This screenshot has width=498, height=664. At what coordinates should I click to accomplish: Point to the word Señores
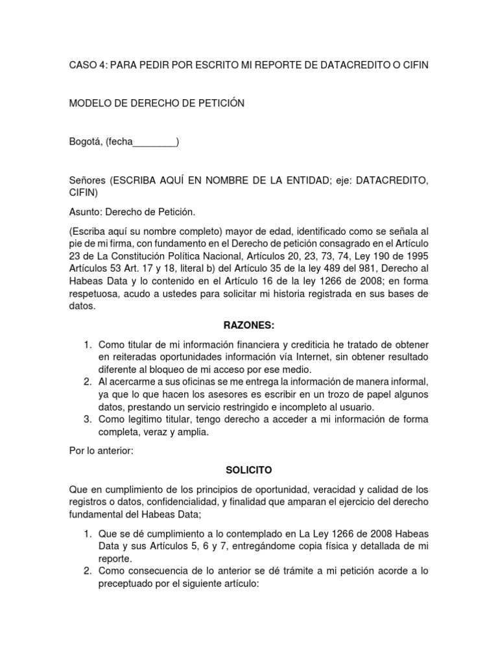point(87,180)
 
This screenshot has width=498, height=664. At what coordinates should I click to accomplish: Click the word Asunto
point(86,212)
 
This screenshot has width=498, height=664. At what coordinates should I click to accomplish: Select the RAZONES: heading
point(248,325)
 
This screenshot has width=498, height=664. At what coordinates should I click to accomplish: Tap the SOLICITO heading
point(248,468)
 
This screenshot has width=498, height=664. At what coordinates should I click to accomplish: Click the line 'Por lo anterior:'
point(101,451)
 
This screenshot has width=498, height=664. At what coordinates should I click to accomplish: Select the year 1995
point(416,256)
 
